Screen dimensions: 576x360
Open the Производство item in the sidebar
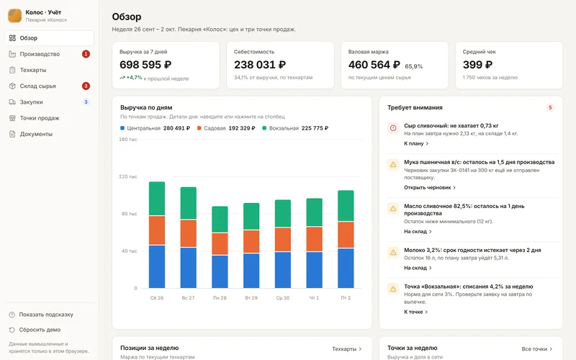(40, 54)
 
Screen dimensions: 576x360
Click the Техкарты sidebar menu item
(33, 70)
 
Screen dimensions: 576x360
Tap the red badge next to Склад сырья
(86, 86)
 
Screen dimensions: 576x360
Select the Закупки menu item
(31, 102)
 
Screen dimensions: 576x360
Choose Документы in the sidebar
(36, 134)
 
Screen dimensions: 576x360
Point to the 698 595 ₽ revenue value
(145, 65)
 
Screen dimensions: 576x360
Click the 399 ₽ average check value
(477, 65)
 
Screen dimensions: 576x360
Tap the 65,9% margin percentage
(413, 66)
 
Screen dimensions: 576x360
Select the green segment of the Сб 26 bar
(157, 199)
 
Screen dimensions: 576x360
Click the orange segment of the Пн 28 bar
(220, 244)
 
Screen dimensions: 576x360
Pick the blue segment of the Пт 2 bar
(346, 268)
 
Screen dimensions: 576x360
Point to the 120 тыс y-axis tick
(128, 176)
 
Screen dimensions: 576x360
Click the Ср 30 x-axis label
(283, 298)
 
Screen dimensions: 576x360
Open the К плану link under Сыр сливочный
(416, 143)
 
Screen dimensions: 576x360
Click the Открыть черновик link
(430, 187)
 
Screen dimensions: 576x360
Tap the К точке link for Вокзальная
(416, 312)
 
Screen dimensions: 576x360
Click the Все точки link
(537, 349)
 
